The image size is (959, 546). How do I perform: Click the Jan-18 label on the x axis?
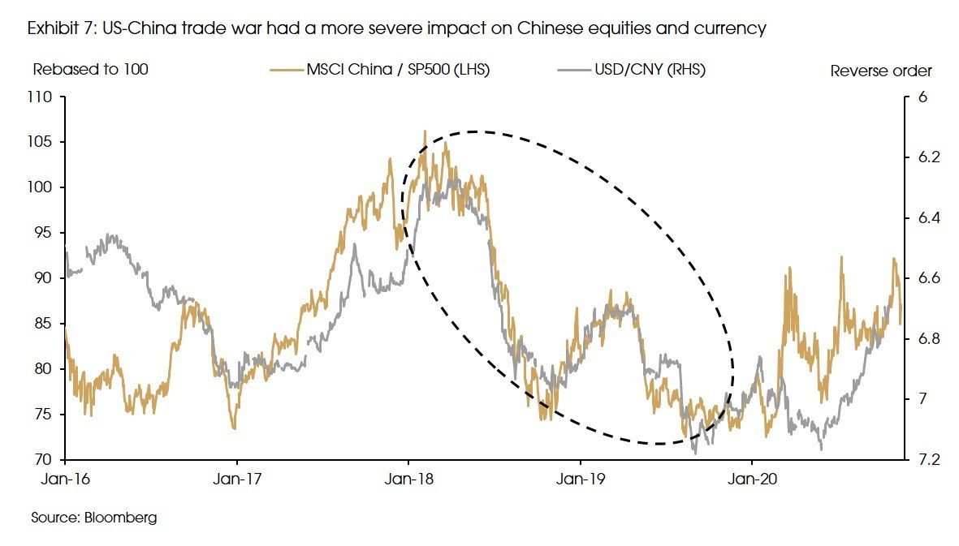point(408,479)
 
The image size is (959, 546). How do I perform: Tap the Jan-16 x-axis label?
point(64,479)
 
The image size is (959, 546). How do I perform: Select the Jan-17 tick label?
point(236,479)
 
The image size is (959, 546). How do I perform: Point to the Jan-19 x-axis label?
point(581,479)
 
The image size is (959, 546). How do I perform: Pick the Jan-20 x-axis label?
point(752,479)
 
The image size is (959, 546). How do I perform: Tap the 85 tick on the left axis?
point(44,324)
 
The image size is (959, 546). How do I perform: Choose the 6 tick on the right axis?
point(921,97)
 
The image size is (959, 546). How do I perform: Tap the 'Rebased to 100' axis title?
point(90,70)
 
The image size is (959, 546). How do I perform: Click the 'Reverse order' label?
point(881,71)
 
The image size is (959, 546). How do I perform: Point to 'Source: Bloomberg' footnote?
point(94,517)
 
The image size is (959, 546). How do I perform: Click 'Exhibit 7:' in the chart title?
point(63,29)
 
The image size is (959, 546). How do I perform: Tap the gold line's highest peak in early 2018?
point(424,131)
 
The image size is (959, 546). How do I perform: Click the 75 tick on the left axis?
point(44,415)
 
